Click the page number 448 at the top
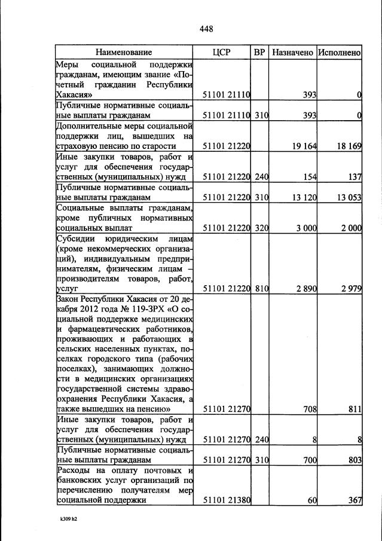(x=206, y=29)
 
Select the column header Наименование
(x=124, y=53)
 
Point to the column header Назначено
(x=292, y=53)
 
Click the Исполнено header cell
(x=339, y=53)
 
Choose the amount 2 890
(x=305, y=289)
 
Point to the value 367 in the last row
(x=355, y=501)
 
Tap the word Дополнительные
(x=87, y=126)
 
